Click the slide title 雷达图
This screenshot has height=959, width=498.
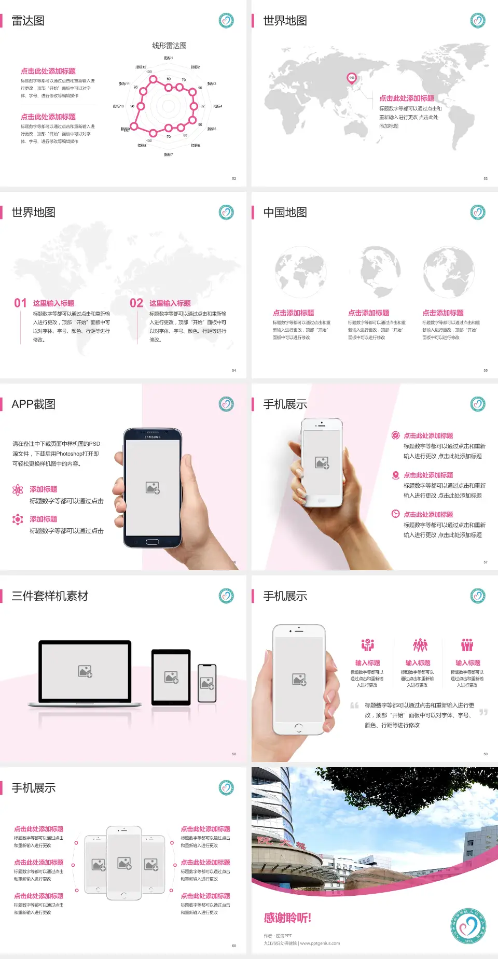point(28,21)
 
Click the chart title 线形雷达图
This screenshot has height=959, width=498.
point(169,46)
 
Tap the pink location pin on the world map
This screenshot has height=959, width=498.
point(351,78)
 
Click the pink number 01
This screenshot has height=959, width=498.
point(20,303)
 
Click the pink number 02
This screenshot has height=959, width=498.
point(136,303)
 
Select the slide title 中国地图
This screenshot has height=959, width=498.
point(285,213)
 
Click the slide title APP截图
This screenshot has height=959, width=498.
point(33,404)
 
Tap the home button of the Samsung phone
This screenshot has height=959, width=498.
point(152,542)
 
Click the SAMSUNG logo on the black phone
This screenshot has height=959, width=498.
point(153,437)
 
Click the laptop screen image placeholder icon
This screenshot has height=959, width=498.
point(85,671)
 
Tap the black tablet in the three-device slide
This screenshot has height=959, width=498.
point(171,676)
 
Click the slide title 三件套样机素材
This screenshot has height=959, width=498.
point(50,596)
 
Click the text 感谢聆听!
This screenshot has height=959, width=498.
point(287,918)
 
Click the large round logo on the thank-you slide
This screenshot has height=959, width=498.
point(468,926)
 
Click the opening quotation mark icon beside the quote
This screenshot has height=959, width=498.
point(354,706)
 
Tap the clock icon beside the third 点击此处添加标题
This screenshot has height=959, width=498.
point(395,514)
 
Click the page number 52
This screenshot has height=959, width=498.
point(234,178)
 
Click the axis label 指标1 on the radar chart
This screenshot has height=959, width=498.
point(169,58)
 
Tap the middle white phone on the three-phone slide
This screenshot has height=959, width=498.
point(124,863)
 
